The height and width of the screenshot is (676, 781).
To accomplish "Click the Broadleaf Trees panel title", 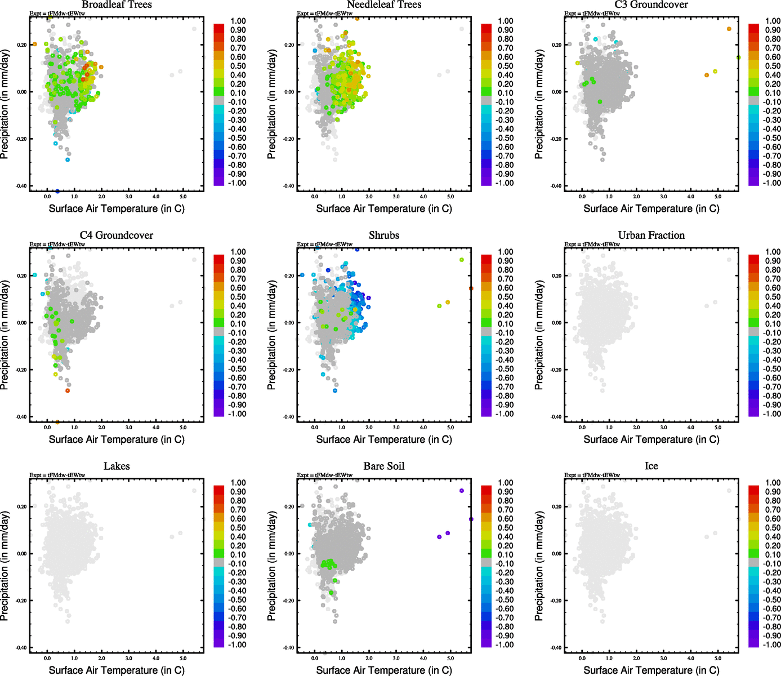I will click(x=117, y=5).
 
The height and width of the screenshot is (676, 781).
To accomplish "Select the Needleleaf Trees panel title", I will click(x=384, y=5).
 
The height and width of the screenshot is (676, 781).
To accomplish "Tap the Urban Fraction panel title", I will click(x=651, y=235).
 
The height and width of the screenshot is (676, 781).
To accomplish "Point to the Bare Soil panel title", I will click(x=384, y=466).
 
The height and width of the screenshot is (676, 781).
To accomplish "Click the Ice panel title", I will click(x=651, y=466).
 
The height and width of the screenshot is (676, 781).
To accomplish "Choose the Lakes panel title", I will click(x=117, y=466).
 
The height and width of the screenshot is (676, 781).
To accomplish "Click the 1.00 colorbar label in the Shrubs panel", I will click(x=506, y=252).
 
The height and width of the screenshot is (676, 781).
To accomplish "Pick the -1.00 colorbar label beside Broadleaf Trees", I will click(x=237, y=183).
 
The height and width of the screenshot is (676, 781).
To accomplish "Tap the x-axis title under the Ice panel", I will click(x=651, y=670).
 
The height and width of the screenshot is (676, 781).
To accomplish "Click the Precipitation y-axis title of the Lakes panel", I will click(x=5, y=566).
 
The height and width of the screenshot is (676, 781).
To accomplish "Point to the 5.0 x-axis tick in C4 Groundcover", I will click(x=184, y=428).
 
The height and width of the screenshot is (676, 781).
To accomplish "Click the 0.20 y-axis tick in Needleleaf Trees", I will click(x=289, y=45).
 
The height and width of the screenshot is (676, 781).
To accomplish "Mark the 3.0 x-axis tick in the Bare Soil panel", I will click(x=396, y=658).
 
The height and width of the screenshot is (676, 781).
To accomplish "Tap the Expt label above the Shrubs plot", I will click(x=324, y=244).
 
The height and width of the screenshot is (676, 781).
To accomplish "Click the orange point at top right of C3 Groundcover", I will click(x=729, y=29).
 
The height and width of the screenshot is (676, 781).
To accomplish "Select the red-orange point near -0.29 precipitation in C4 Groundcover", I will click(x=68, y=390).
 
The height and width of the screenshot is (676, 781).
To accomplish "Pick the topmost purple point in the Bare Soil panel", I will click(x=462, y=491).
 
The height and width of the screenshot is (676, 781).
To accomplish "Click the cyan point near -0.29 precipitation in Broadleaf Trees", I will click(x=68, y=160).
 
